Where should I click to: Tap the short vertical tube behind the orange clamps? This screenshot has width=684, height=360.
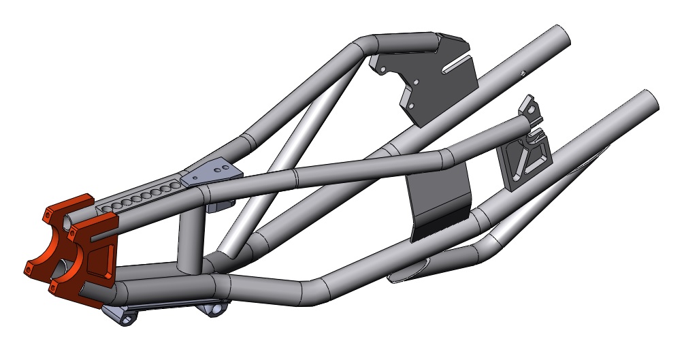pyautogui.click(x=191, y=238)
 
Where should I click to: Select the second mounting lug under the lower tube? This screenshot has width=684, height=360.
pyautogui.click(x=216, y=310)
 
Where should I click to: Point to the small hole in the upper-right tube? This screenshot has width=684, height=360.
pyautogui.click(x=522, y=72)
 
